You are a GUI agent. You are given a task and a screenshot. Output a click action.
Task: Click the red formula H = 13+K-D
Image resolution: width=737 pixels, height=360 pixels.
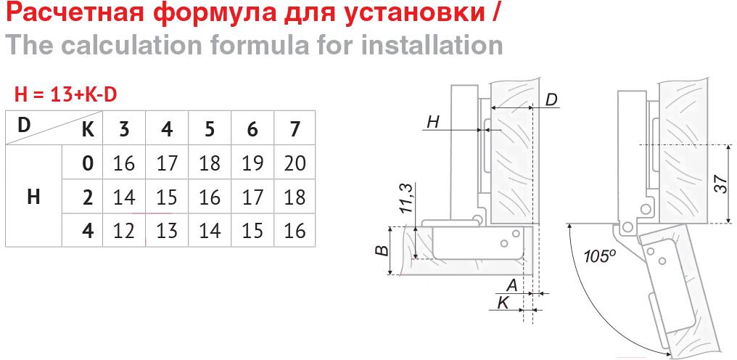(65, 95)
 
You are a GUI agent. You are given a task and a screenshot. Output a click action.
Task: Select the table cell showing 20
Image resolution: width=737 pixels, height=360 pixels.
(295, 163)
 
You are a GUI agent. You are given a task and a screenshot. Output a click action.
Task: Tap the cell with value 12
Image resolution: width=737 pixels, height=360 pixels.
(124, 231)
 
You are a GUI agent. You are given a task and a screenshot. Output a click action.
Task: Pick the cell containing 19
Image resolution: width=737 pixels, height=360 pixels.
(252, 163)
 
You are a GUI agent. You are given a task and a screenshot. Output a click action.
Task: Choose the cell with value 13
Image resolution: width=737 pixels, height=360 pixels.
(167, 231)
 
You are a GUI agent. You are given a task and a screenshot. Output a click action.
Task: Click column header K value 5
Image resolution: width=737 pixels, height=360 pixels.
(210, 128)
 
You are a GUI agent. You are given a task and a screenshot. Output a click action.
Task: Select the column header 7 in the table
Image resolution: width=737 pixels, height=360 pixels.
(295, 128)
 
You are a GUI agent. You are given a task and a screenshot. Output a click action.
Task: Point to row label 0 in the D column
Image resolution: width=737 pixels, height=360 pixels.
(88, 163)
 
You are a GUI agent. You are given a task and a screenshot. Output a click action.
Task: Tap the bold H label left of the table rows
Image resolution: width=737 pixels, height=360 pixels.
(33, 197)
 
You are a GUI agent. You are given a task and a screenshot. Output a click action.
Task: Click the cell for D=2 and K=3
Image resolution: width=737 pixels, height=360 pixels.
(124, 197)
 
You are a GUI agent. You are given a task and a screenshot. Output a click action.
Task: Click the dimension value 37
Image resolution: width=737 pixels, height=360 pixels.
(722, 184)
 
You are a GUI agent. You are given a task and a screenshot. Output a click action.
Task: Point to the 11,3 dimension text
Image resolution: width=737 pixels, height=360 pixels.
(408, 198)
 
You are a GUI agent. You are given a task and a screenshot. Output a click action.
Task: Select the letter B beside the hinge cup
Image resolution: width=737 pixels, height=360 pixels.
(384, 250)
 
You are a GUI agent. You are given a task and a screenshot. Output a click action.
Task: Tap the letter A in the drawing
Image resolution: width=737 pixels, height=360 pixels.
(512, 285)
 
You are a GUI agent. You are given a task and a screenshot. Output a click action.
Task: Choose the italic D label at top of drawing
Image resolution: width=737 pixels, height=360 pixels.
(552, 99)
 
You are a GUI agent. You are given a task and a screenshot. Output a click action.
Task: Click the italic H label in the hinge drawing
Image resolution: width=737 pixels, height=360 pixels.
(433, 123)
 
